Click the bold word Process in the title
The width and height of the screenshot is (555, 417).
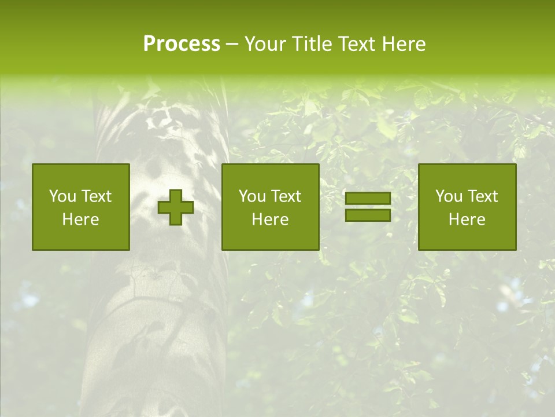(182, 44)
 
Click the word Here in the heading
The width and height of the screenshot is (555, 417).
(404, 44)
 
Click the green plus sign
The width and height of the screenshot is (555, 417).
(176, 207)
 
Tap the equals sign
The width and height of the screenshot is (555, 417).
(368, 207)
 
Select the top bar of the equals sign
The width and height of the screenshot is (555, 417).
(368, 199)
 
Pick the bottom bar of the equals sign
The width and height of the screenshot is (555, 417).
(368, 215)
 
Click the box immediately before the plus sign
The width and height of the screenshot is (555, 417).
(81, 207)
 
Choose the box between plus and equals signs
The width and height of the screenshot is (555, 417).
(271, 207)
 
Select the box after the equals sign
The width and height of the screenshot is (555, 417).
(467, 207)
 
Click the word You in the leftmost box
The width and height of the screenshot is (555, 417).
(62, 196)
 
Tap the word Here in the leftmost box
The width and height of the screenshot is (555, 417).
(81, 220)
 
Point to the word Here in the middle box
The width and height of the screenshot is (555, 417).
(271, 220)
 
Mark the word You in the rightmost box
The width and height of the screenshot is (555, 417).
(449, 196)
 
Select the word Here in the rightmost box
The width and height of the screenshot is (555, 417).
(467, 220)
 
